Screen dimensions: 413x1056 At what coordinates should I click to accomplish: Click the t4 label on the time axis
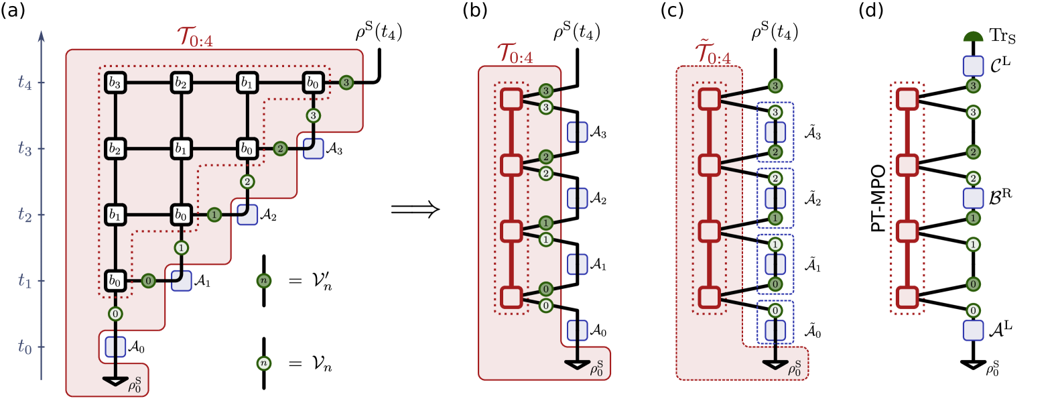coord(24,83)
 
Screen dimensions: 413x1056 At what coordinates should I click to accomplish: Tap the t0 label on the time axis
coord(24,347)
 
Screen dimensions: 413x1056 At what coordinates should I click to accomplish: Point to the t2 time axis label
coord(24,215)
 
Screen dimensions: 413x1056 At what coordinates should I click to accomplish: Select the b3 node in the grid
coord(115,82)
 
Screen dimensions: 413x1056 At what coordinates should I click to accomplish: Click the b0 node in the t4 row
coord(313,82)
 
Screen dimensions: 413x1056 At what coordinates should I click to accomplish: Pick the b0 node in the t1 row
coord(115,281)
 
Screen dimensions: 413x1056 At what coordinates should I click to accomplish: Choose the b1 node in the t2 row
coord(115,215)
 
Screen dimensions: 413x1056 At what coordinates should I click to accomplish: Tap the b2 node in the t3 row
coord(115,149)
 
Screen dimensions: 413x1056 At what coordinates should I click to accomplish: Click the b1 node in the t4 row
coord(247,82)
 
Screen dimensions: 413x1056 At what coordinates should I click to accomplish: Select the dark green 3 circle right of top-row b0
coord(346,82)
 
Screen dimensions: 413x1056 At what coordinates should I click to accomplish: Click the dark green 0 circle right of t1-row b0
coord(148,281)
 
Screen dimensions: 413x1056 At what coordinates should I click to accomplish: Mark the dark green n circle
coord(264,280)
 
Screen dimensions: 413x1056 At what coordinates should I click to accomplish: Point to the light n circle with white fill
coord(264,363)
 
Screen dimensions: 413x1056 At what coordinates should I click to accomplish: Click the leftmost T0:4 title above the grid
coord(195,38)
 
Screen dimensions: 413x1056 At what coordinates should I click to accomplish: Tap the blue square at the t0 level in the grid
coord(115,347)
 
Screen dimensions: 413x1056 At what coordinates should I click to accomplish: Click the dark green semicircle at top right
coord(973,37)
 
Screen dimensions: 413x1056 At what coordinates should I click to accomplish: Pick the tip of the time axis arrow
coord(41,32)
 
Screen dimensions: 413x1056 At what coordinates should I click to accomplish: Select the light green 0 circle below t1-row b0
coord(115,314)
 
